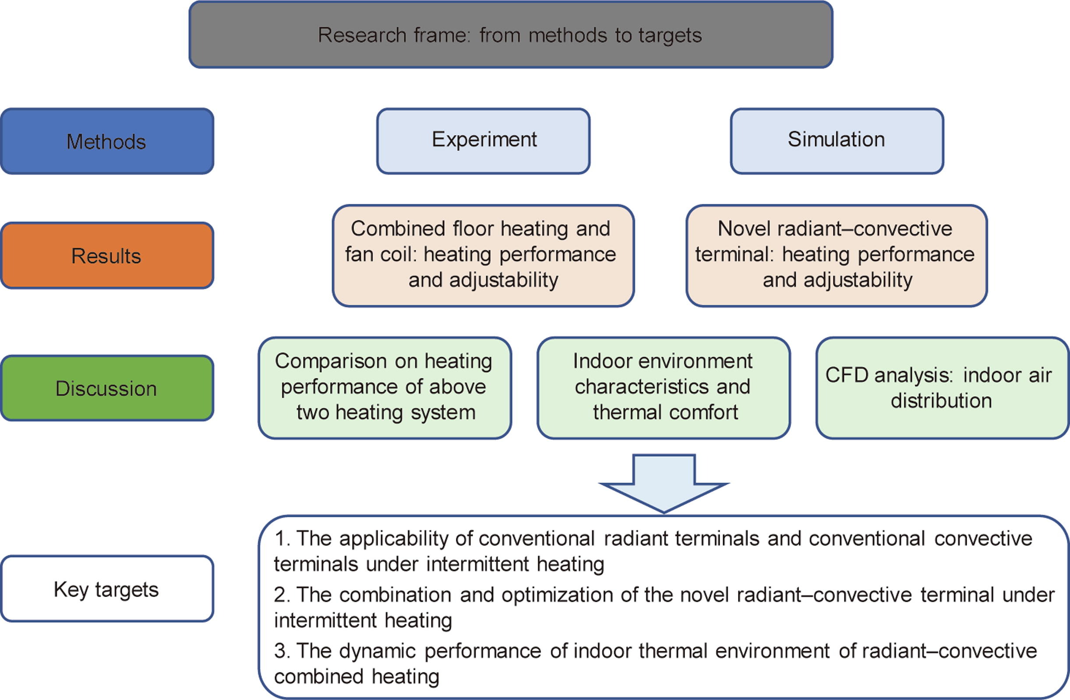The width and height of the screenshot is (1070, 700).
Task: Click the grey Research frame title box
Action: click(x=510, y=35)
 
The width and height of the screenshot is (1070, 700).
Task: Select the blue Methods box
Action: click(x=107, y=141)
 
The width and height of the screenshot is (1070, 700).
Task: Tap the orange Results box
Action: click(x=107, y=256)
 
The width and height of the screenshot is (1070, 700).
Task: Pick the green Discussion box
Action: click(x=107, y=388)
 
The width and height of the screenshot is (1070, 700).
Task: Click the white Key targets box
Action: click(x=107, y=589)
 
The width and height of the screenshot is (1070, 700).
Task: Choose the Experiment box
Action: click(x=483, y=141)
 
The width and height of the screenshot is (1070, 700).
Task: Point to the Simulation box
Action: click(x=837, y=141)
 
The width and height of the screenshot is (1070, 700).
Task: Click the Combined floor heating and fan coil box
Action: click(x=483, y=256)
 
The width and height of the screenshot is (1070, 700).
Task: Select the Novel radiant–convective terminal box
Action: click(x=837, y=256)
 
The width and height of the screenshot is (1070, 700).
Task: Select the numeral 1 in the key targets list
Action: click(x=280, y=539)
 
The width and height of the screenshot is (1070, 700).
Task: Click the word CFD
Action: click(x=847, y=375)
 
